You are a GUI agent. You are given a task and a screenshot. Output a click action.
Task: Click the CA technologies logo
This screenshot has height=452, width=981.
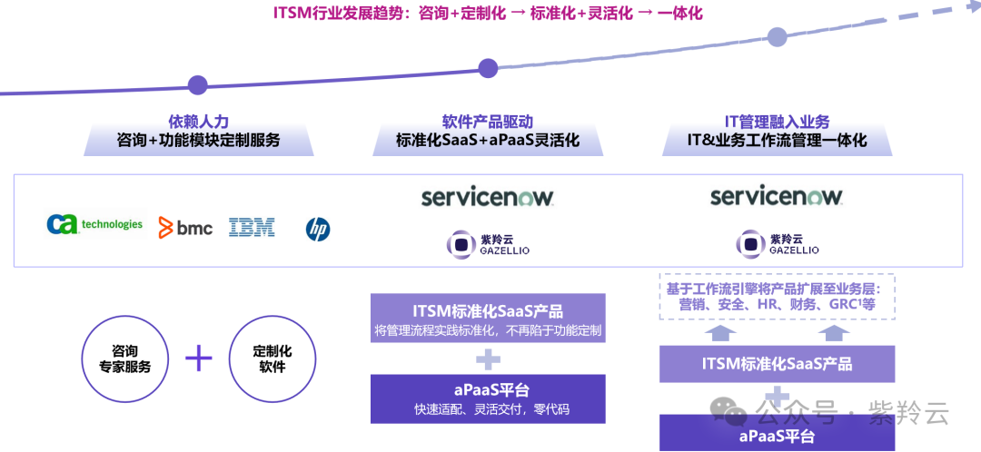tap(94, 224)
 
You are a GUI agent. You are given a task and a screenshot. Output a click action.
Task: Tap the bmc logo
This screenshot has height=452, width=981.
tap(185, 227)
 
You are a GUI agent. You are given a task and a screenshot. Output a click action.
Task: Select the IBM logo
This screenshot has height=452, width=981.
tap(252, 227)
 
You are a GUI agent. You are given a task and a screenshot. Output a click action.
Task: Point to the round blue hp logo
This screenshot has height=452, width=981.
tap(318, 229)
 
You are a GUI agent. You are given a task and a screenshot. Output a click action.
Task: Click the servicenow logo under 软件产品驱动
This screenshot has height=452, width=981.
tap(488, 196)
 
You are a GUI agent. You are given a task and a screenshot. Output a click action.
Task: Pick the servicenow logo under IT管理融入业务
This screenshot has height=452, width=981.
tap(777, 196)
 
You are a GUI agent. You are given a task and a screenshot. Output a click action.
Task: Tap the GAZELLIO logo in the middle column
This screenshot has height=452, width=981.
tap(488, 244)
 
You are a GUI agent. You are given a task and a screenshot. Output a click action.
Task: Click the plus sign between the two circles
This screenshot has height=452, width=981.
tap(198, 359)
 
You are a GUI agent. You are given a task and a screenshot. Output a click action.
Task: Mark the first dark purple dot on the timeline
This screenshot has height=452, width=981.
tap(197, 85)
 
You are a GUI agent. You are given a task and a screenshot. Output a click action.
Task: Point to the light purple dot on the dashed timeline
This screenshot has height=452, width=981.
tap(777, 36)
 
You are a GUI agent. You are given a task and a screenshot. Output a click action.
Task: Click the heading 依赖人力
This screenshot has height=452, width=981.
tap(198, 122)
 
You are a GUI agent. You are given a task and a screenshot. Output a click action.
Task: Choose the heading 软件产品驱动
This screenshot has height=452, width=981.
tap(488, 122)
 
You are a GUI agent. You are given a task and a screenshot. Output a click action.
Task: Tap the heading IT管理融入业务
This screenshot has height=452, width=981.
tap(777, 122)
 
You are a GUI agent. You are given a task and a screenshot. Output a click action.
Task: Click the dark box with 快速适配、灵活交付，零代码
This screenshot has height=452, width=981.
tap(488, 399)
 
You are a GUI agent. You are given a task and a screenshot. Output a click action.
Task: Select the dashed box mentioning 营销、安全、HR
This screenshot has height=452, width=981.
tap(777, 296)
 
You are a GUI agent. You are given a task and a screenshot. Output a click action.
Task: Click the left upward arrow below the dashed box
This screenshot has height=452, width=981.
tap(721, 333)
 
